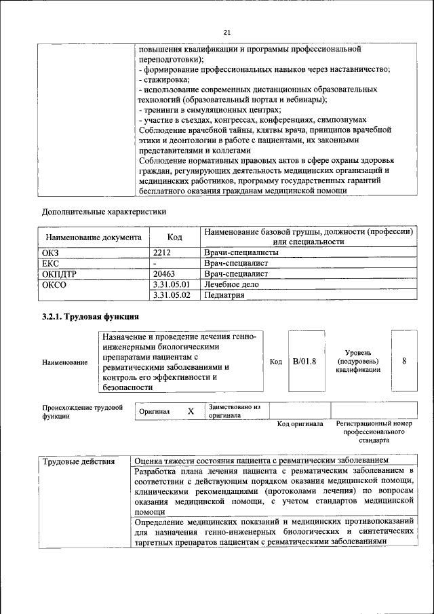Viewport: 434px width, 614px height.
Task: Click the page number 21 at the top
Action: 226,32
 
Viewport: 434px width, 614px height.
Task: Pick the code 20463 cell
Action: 166,273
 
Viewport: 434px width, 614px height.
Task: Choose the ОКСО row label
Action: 54,284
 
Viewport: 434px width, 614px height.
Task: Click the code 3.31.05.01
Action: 172,284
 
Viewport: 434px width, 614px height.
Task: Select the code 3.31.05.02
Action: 172,295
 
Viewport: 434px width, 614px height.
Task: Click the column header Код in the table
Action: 175,237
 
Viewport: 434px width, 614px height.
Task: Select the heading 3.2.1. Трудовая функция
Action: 90,316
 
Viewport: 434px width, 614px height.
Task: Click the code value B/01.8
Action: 304,361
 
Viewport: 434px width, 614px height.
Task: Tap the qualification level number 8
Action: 404,361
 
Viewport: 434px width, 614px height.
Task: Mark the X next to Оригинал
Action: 191,411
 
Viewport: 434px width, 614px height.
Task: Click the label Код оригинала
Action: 300,424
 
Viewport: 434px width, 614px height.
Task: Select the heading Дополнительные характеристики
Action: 104,211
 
